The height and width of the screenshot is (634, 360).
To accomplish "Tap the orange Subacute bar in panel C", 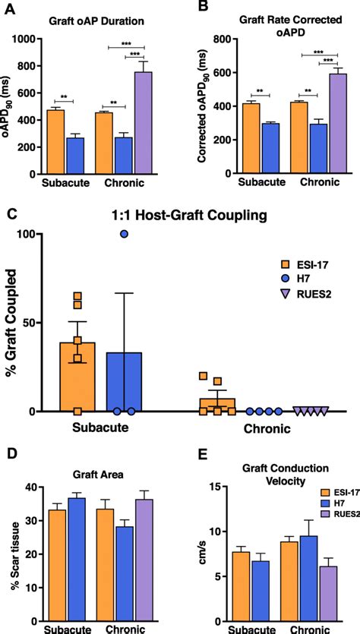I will coord(77,376).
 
